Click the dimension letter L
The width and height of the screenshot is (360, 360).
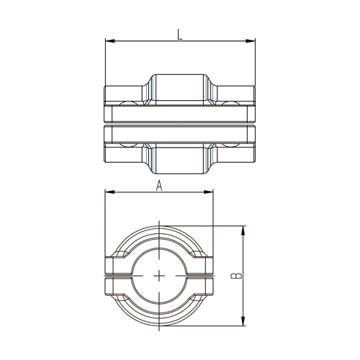point(180,34)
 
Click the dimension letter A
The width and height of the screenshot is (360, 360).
point(159,186)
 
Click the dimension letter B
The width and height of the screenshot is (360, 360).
point(236,276)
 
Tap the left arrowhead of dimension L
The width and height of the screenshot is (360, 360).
point(110,41)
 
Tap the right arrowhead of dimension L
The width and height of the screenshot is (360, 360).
point(251,41)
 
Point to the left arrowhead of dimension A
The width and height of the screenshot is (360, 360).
point(110,192)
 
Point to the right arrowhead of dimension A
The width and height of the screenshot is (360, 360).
point(208,192)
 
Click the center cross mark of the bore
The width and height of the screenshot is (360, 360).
point(159,276)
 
